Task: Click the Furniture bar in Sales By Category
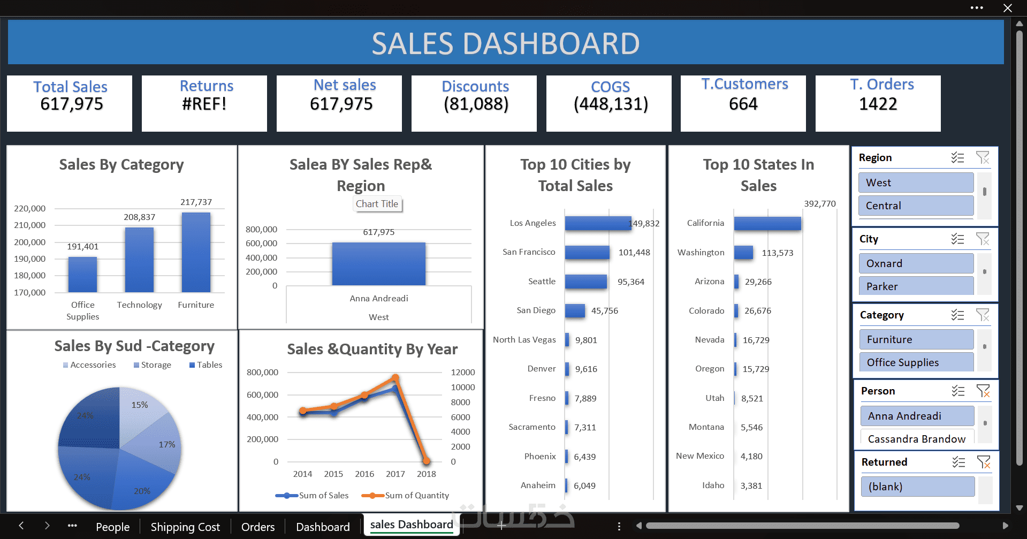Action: tap(196, 252)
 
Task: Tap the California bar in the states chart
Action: tap(767, 223)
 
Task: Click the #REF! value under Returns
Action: tap(204, 104)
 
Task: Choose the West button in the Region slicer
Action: tap(916, 183)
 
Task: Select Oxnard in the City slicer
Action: tap(916, 263)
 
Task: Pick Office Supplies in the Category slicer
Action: tap(916, 362)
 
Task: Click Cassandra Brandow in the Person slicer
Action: tap(916, 439)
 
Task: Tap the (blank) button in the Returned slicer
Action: tap(917, 487)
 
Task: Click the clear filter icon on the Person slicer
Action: tap(983, 391)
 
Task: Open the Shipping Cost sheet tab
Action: tap(185, 527)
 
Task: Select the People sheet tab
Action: tap(112, 527)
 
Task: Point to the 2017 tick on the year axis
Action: tap(395, 474)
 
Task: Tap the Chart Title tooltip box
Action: tap(377, 204)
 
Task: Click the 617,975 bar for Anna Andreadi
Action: tap(379, 264)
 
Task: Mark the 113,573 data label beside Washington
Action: tap(778, 253)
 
